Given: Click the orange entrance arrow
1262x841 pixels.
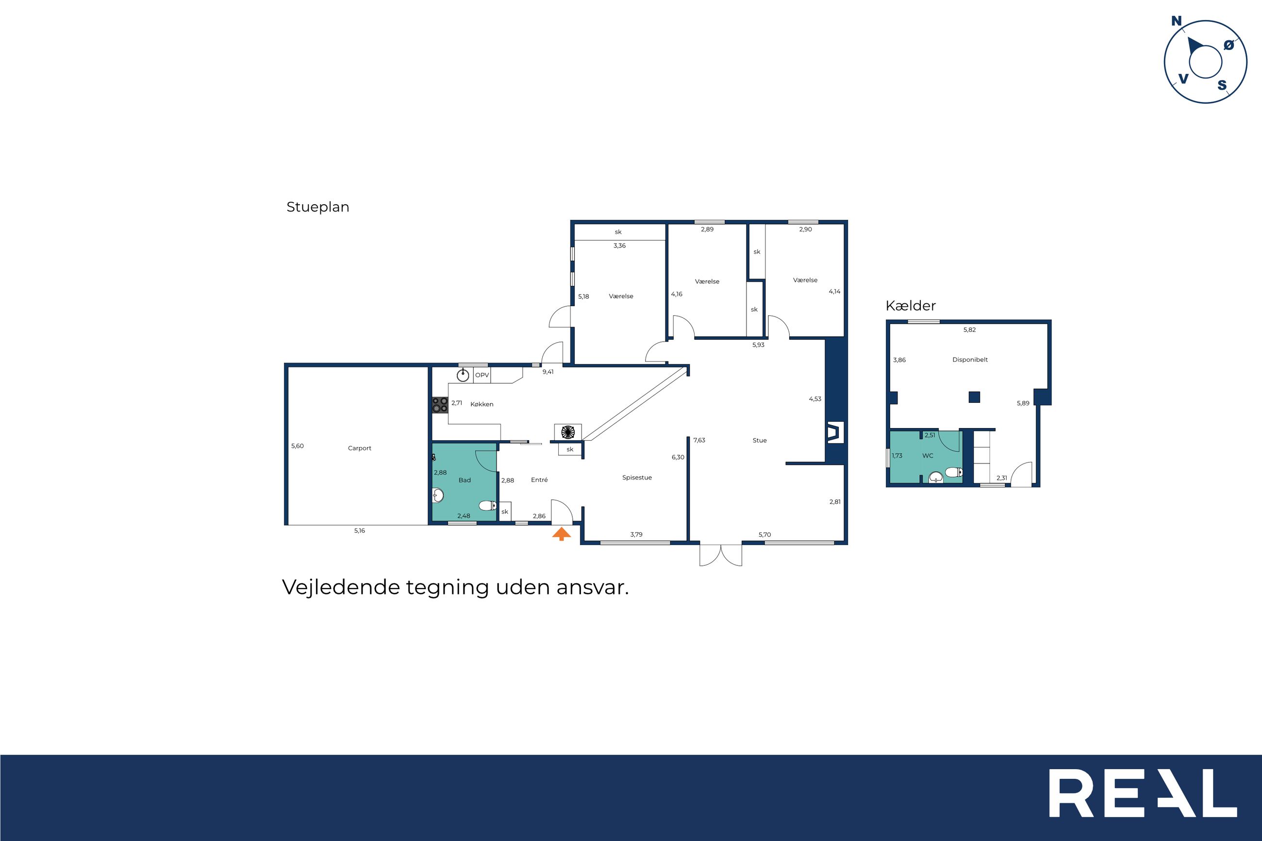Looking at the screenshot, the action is click(562, 534).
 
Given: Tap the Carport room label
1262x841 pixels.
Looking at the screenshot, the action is click(359, 448).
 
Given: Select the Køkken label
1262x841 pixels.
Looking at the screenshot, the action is click(482, 404).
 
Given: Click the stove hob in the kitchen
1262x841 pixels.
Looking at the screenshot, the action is click(440, 405).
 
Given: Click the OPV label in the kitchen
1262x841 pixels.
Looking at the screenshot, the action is click(482, 376).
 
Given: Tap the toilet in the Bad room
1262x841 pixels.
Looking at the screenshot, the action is click(487, 505).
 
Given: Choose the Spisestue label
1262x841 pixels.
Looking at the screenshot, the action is click(637, 478).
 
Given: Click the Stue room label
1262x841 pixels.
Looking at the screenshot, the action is click(760, 441).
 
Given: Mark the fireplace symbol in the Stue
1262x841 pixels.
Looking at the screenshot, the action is click(835, 433).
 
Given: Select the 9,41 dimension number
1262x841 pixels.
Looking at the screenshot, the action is click(548, 372).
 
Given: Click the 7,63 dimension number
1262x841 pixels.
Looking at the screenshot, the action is click(699, 440).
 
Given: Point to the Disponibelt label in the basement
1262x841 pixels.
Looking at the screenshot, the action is click(970, 360).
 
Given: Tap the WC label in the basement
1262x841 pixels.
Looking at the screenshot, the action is click(928, 456).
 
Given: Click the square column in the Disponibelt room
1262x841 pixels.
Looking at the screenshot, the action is click(975, 397).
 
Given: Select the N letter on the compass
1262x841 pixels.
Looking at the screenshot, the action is click(1176, 21).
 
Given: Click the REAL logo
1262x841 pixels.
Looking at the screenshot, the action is click(1143, 801).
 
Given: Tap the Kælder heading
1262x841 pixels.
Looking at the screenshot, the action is click(911, 306).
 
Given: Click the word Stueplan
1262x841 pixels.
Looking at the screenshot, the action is click(318, 208).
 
